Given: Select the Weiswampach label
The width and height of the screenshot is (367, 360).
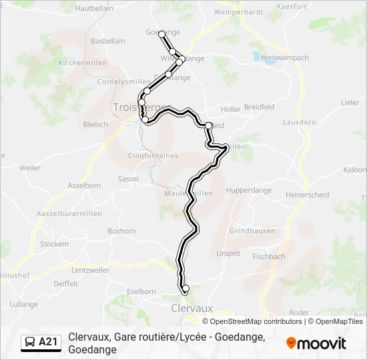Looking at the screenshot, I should coord(285,57).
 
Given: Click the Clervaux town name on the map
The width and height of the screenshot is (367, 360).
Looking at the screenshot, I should coord(192,309).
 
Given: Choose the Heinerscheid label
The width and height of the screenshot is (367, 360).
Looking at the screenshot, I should coord(307,195).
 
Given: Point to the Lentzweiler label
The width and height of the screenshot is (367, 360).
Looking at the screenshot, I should coord(90,270).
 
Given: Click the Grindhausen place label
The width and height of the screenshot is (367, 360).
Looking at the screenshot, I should coord(252,231).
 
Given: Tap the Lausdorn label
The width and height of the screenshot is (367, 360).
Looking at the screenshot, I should coord(299,123).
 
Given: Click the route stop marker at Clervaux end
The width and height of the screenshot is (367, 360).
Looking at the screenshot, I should coord(186,288).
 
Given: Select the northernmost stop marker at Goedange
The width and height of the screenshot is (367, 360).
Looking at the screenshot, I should coord(161,33).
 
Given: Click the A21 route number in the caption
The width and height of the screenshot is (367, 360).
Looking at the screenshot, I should coord(49,342).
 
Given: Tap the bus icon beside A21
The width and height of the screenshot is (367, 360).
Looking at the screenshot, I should coord(30,342).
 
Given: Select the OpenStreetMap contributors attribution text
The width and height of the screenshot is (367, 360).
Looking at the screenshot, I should coord(256,321).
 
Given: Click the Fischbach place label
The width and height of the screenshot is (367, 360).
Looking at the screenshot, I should coord(269,256).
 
